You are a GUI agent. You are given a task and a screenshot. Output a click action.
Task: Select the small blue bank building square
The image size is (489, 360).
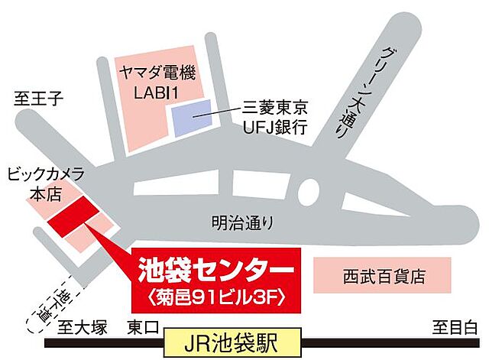191,118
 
